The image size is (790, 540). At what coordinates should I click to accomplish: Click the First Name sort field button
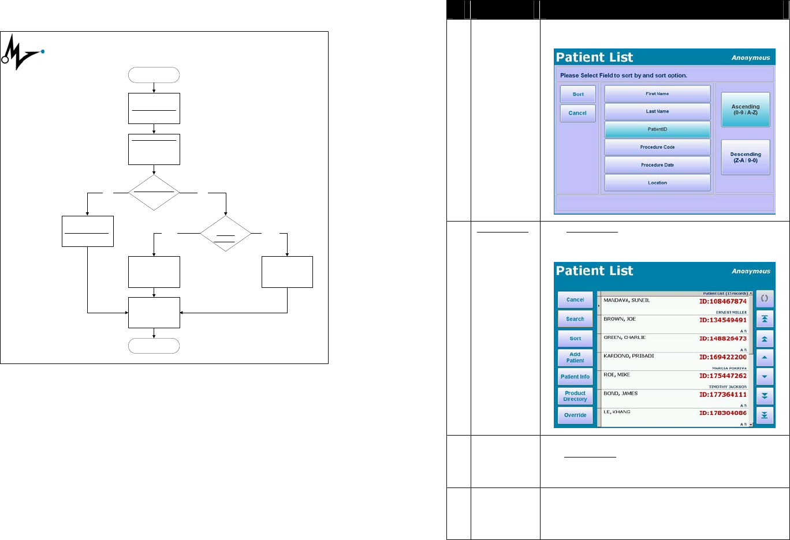click(657, 93)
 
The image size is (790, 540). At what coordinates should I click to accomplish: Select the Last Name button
click(657, 111)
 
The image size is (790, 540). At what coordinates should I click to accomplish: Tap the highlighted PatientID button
click(657, 129)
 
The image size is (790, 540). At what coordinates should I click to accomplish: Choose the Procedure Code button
click(657, 147)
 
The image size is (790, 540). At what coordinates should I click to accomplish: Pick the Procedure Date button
click(657, 165)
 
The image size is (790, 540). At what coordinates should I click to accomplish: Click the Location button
click(657, 183)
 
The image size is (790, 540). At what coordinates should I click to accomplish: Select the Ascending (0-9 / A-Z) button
click(746, 110)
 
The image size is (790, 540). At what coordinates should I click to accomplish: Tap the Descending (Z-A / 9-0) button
click(746, 157)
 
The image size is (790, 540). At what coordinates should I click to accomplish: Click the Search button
click(575, 319)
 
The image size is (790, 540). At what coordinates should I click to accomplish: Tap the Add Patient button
click(575, 358)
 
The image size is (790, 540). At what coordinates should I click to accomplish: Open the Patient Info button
click(575, 377)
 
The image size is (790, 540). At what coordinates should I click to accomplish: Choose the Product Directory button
click(575, 396)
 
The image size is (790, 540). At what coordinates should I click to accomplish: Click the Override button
click(575, 415)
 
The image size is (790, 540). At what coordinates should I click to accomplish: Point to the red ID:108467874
click(723, 301)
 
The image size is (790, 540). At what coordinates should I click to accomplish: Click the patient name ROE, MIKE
click(617, 375)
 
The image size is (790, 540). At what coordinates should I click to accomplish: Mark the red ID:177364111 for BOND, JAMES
click(723, 395)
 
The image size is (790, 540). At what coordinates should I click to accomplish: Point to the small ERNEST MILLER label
click(731, 312)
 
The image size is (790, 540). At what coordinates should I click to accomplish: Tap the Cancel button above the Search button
click(575, 300)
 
